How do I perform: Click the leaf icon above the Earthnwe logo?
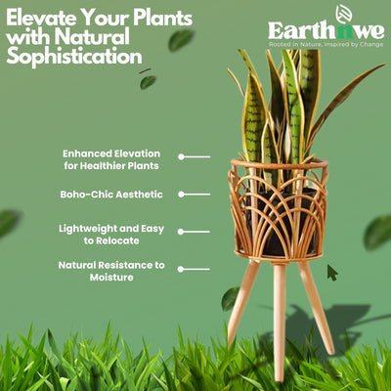(343, 14)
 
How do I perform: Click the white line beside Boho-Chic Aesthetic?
(194, 195)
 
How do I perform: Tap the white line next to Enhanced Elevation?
(194, 156)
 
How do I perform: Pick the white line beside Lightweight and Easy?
(194, 232)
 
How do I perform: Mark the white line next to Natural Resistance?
(194, 268)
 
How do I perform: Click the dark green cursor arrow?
(332, 272)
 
